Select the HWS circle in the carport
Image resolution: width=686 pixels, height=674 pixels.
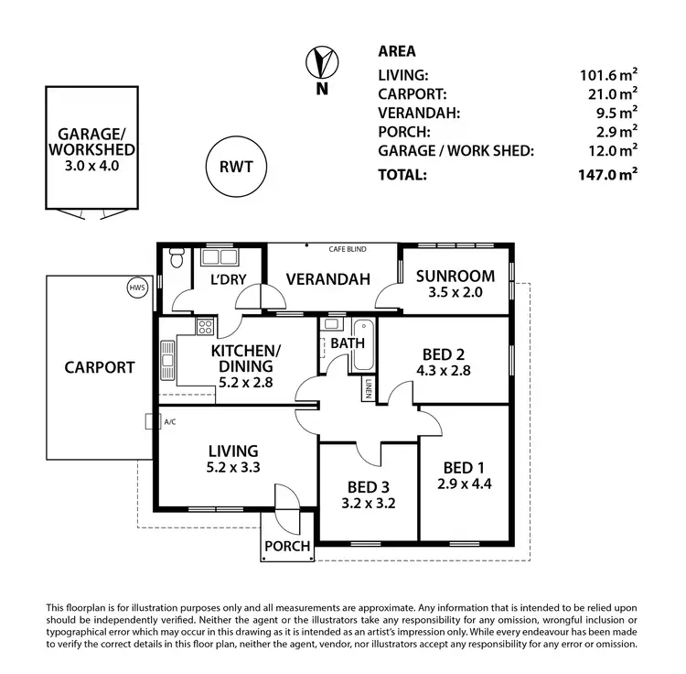point(137,288)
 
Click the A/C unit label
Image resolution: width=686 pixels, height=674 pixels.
point(169,422)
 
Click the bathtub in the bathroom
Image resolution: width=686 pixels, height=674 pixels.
point(361,344)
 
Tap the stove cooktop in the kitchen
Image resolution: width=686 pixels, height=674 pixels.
point(205,325)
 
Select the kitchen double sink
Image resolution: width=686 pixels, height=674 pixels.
point(167,359)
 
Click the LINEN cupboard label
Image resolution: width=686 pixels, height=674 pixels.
point(368,388)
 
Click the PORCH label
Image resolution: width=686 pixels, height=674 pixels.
point(287,547)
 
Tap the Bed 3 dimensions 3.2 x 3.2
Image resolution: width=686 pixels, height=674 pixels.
point(369,502)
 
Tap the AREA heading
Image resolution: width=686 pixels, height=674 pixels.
point(396,52)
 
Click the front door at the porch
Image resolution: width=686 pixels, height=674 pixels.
point(285,501)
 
